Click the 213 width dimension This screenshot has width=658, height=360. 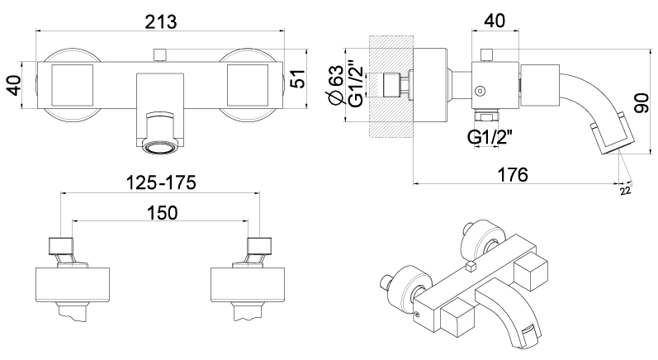click(x=161, y=21)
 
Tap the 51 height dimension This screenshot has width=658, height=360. click(x=298, y=79)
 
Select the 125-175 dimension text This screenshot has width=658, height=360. click(x=161, y=182)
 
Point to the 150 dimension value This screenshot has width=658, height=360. click(x=162, y=213)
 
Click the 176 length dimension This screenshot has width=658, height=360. click(x=513, y=174)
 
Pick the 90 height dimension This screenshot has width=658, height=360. click(x=641, y=104)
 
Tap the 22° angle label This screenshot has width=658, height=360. click(x=626, y=190)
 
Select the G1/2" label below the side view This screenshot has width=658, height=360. click(x=490, y=137)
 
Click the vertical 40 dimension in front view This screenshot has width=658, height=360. click(x=14, y=85)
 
